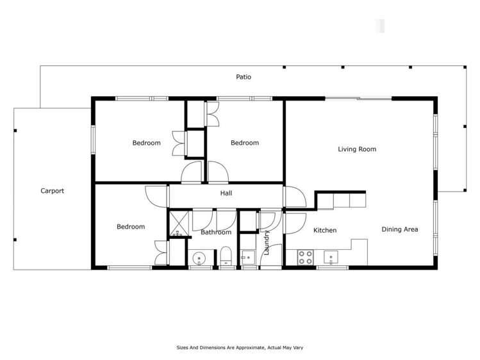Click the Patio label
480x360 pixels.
[x=244, y=77]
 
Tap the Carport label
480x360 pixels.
[x=53, y=191]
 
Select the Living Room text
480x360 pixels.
[x=357, y=149]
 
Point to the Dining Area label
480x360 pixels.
[x=400, y=229]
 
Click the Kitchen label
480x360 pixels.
[x=325, y=230]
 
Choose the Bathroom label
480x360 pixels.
[x=215, y=233]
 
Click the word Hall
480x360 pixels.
[x=226, y=193]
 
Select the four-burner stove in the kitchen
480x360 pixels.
[x=306, y=258]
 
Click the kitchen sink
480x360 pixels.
[x=331, y=258]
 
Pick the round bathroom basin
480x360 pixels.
[x=199, y=259]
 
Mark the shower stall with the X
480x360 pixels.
[x=177, y=224]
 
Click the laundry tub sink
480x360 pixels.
[x=247, y=258]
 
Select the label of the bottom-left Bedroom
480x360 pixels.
[x=131, y=227]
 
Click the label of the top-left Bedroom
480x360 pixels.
[x=146, y=143]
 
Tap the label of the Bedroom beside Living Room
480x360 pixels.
[x=245, y=143]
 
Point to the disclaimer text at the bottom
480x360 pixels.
[x=240, y=348]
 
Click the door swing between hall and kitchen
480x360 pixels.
[x=294, y=197]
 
